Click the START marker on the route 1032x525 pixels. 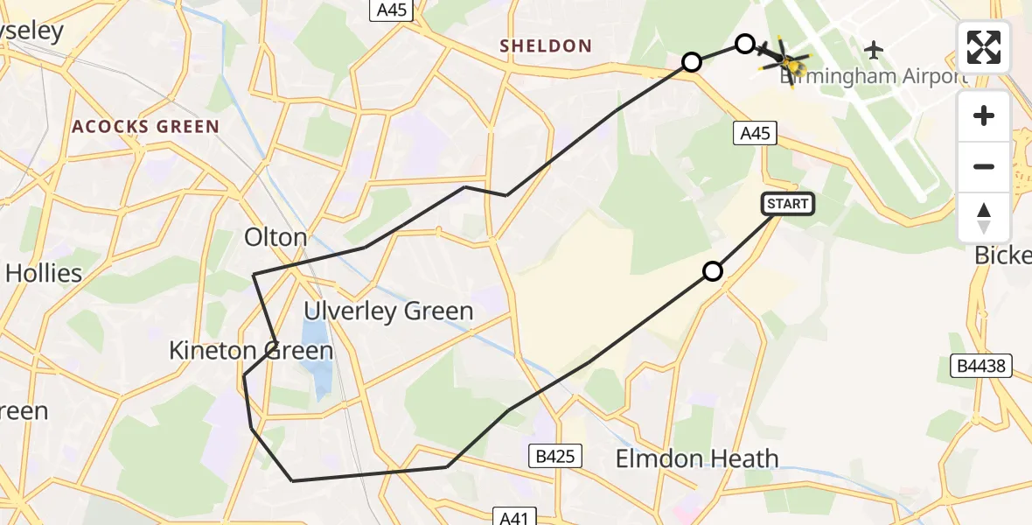pos(788,204)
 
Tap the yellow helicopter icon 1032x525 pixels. pos(789,63)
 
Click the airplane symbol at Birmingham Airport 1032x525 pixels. pos(873,49)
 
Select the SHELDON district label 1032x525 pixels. pos(545,46)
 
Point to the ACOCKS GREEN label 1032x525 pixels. pos(145,127)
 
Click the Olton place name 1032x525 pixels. pos(275,237)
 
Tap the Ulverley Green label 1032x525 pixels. pos(388,311)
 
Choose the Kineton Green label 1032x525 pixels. pos(251,352)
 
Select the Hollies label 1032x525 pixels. pos(43,273)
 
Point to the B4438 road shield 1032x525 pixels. pos(980,367)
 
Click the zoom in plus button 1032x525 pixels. pos(984,116)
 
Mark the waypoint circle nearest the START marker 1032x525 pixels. pos(713,271)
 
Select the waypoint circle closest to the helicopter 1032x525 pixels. pos(744,44)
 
